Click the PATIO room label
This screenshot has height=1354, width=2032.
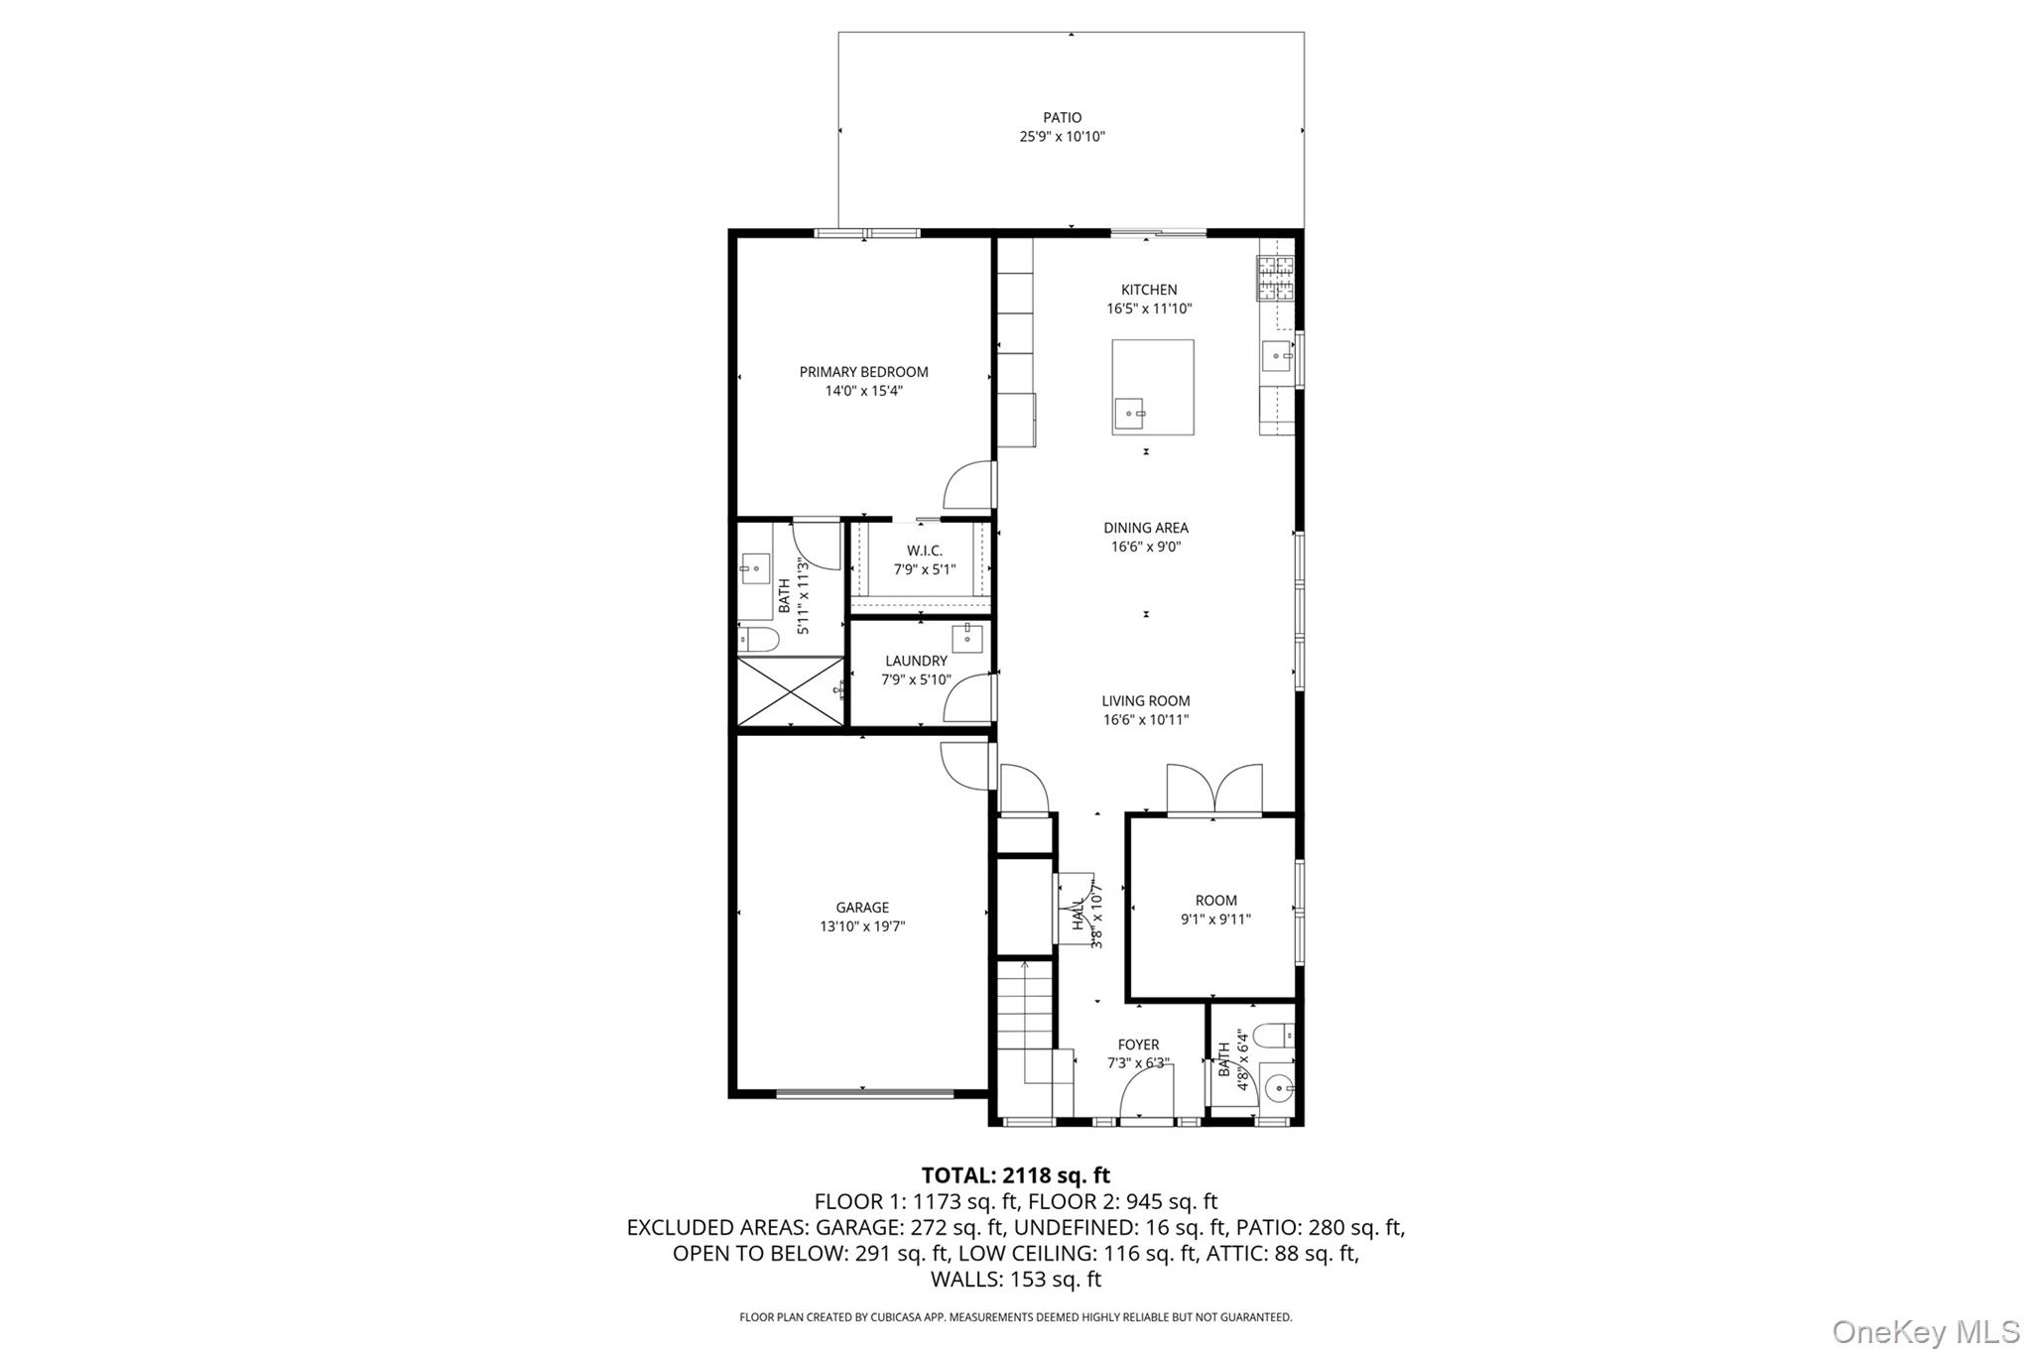click(x=1062, y=117)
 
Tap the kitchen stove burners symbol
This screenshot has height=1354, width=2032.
click(x=1276, y=278)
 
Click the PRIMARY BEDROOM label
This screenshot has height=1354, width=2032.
click(x=863, y=372)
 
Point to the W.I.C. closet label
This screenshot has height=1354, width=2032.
click(x=924, y=551)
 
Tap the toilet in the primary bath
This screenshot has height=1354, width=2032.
click(x=759, y=640)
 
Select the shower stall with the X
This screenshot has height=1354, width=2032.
click(x=790, y=690)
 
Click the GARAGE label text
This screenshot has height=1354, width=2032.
click(x=861, y=908)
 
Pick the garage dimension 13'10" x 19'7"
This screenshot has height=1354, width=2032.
click(x=861, y=926)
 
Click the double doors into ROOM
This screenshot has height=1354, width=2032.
click(x=1214, y=792)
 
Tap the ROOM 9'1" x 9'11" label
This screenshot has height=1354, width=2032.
click(x=1215, y=910)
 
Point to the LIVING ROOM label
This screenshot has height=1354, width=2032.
click(x=1145, y=701)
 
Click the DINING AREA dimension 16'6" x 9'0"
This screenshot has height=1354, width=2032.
click(x=1146, y=547)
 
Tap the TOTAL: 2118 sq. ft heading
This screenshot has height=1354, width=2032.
click(x=1015, y=1175)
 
